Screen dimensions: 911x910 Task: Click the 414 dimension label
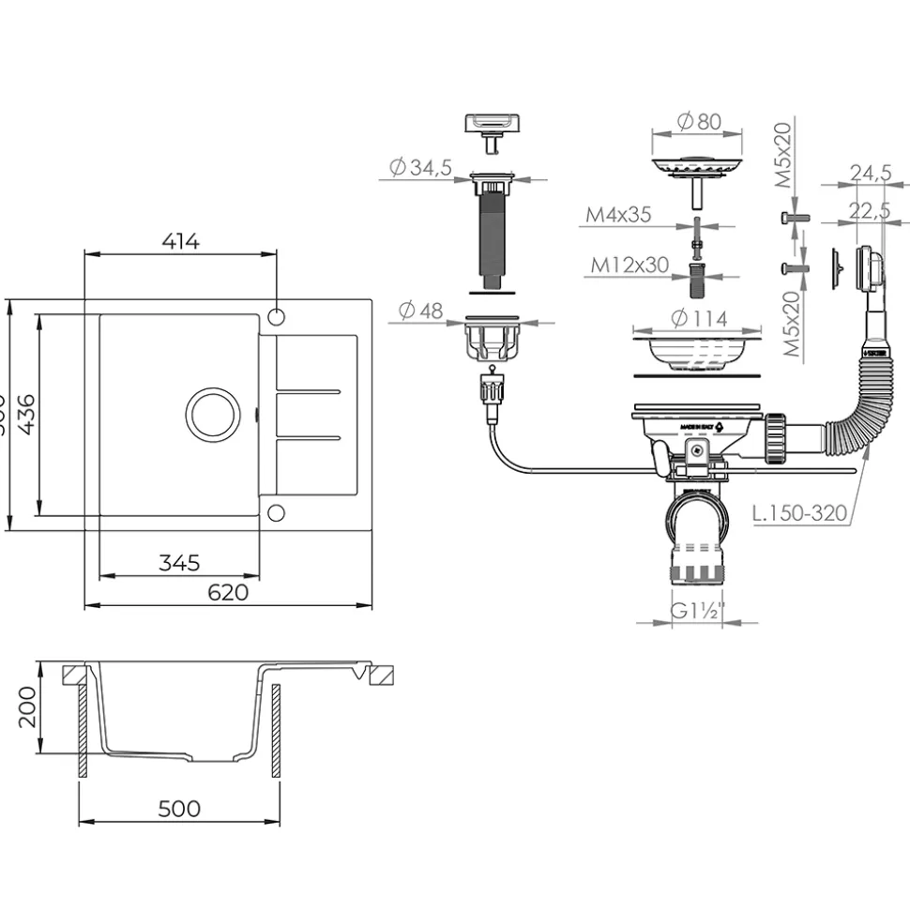(x=181, y=241)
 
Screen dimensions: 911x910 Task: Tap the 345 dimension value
(x=179, y=563)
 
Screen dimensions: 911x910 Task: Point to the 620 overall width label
(x=228, y=592)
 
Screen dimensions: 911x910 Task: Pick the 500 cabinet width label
(x=179, y=808)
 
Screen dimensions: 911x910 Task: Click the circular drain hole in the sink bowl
(x=213, y=414)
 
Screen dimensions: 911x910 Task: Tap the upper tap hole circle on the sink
(x=277, y=313)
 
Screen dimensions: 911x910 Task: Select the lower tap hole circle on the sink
(x=276, y=512)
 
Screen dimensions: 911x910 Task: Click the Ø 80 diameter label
(x=699, y=121)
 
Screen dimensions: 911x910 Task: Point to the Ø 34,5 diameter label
(x=421, y=167)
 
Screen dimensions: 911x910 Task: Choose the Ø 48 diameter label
(x=419, y=311)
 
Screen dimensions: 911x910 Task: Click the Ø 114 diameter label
(x=699, y=319)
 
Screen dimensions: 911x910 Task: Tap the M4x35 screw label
(x=618, y=215)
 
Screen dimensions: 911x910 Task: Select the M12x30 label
(x=629, y=266)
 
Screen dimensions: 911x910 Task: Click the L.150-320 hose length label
(x=800, y=513)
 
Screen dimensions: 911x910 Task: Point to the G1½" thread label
(x=693, y=611)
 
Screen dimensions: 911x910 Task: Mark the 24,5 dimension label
(x=870, y=173)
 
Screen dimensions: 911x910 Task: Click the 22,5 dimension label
(x=870, y=211)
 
